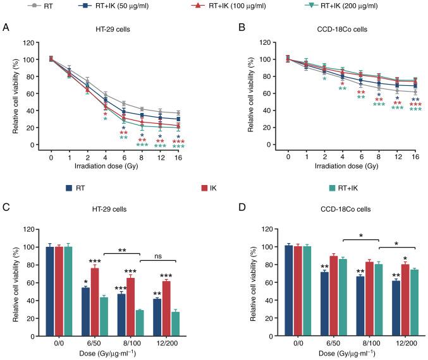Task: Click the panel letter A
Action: click(x=6, y=28)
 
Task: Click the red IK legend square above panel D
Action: click(x=204, y=187)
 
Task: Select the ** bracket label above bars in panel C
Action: click(x=121, y=250)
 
